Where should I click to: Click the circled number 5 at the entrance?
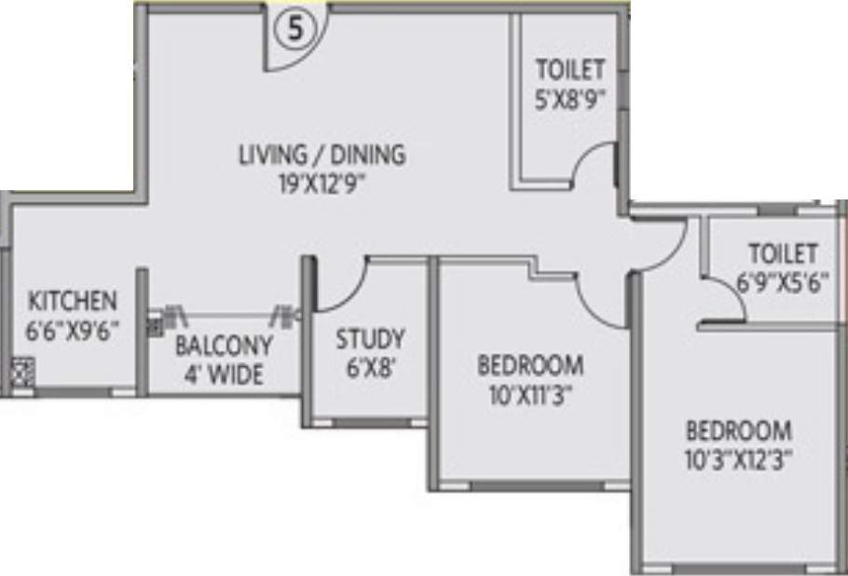[x=295, y=29]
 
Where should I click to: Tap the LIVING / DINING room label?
[x=321, y=154]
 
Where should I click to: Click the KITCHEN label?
[x=73, y=301]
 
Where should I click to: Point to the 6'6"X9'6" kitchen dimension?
[x=73, y=329]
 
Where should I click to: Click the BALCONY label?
[x=224, y=346]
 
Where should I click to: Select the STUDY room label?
[x=370, y=337]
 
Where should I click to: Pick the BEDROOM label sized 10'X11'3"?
[x=530, y=363]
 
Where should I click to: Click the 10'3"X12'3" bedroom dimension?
[x=739, y=460]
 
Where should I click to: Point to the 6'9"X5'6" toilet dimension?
[x=782, y=282]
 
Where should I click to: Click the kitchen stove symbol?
[x=24, y=373]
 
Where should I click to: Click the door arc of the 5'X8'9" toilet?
[x=592, y=166]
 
